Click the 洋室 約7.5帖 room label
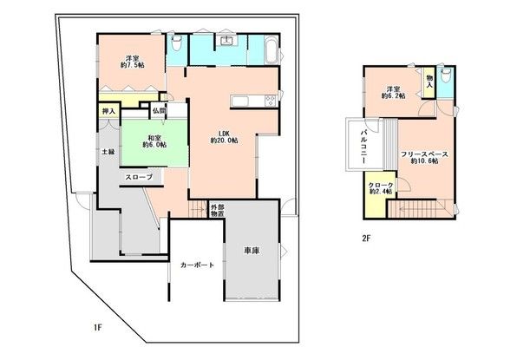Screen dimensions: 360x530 coord(132,63)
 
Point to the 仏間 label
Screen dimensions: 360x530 coord(160,111)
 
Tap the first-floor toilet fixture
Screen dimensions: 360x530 coord(175,43)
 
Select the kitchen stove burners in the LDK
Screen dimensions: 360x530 coord(270,101)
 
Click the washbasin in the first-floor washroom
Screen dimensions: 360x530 coord(227,42)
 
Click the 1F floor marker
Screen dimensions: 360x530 coord(99,328)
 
